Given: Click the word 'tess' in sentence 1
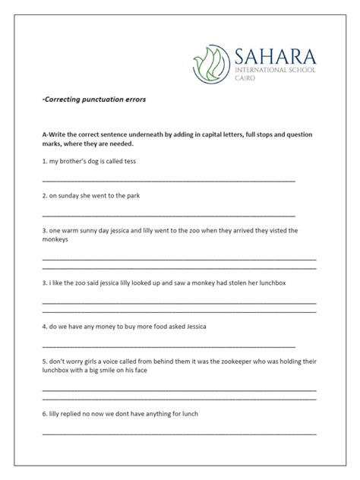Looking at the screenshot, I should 129,162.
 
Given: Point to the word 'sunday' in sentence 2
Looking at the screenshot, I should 71,195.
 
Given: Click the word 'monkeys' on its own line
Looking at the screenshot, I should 55,239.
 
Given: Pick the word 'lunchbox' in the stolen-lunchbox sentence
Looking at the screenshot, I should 270,283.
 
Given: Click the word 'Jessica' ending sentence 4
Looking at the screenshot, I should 191,327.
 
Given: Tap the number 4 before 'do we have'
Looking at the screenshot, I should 44,327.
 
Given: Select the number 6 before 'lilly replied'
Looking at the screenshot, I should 44,413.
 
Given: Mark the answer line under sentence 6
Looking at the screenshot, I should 179,434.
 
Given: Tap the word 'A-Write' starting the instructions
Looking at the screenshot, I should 55,134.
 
